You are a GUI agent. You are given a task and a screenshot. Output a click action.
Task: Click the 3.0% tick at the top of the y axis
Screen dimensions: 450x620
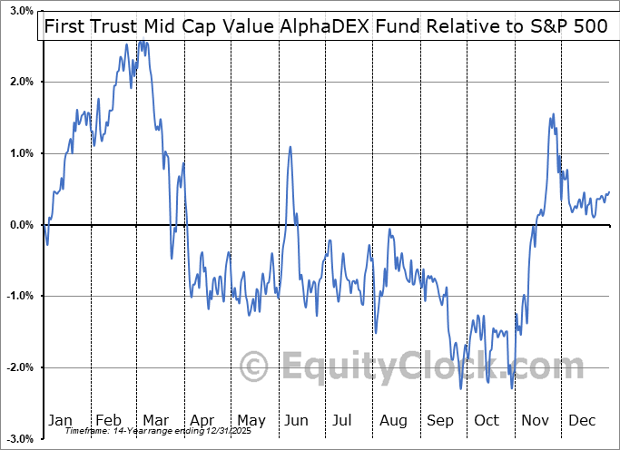[21, 12]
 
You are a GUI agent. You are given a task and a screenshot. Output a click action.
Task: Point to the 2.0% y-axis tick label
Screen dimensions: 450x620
[21, 83]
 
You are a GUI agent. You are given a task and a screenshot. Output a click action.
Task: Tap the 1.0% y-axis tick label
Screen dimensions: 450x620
[21, 153]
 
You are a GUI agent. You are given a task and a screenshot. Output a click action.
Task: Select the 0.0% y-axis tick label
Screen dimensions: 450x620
[21, 225]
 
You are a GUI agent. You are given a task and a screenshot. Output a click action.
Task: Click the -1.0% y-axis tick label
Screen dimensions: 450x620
[19, 296]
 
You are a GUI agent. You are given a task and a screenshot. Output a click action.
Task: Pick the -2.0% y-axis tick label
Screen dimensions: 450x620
[19, 367]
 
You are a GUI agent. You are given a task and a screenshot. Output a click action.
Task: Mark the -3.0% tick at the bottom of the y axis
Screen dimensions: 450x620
[19, 438]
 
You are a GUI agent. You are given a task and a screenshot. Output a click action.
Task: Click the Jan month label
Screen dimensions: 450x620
[60, 420]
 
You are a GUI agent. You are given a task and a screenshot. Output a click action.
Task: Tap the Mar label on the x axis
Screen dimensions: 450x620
[156, 420]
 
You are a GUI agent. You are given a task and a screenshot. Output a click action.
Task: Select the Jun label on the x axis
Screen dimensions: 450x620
[296, 420]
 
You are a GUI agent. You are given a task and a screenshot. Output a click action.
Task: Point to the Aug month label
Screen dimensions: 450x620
[392, 420]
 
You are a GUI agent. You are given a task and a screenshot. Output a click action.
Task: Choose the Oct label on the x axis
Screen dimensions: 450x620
[487, 420]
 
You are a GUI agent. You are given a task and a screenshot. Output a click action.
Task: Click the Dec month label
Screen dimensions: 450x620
[582, 420]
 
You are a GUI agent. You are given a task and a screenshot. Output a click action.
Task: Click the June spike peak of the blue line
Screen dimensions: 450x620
[290, 147]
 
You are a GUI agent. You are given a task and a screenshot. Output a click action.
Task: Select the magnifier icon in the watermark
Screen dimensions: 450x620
[256, 366]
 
